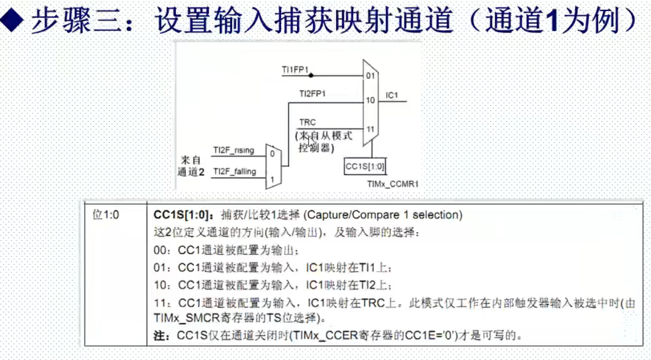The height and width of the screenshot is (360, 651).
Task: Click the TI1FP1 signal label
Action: [295, 70]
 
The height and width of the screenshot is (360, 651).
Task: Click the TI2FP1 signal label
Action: [312, 94]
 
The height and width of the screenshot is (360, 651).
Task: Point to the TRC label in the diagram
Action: [307, 122]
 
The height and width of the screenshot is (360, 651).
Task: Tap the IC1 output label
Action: [392, 95]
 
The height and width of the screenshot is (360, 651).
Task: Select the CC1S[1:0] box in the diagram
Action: [365, 167]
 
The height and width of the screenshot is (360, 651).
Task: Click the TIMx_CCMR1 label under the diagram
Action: [392, 184]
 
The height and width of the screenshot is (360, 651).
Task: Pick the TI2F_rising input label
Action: [234, 150]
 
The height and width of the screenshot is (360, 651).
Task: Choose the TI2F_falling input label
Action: [234, 171]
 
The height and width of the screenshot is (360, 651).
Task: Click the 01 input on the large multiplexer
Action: [370, 76]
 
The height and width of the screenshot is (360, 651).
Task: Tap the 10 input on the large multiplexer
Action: [370, 101]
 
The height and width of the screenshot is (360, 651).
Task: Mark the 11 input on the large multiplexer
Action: [370, 129]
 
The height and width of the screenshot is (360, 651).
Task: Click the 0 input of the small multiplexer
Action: [272, 154]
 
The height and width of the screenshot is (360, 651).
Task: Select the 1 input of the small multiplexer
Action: [272, 180]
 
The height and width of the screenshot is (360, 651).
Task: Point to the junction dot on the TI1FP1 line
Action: [311, 76]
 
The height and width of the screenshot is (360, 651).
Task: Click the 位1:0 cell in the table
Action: [106, 215]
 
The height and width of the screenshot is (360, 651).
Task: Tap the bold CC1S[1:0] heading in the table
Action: [181, 215]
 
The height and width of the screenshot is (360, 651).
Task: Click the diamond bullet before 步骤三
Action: [12, 20]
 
